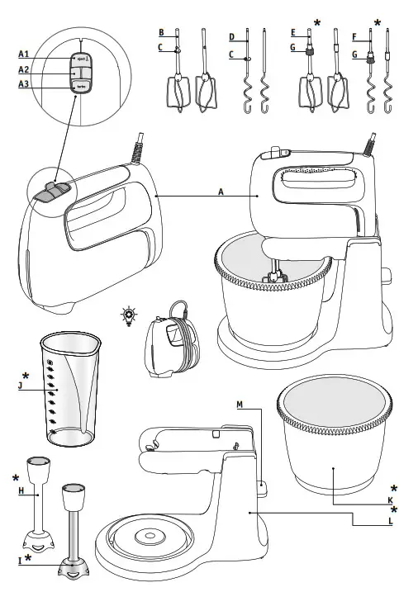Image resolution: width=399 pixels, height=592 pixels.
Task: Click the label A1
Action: pos(24,54)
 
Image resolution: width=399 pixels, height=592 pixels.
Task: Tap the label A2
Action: pos(24,69)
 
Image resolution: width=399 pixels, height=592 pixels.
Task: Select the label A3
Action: pos(24,84)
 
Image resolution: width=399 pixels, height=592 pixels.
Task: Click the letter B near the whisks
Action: pos(162,33)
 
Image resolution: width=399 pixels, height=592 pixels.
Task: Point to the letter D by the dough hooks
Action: pos(232,37)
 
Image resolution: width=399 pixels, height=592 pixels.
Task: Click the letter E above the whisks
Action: pos(293,33)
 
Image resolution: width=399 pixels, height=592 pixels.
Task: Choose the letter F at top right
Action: pos(356,36)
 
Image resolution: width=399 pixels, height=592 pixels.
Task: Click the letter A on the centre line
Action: pos(221,191)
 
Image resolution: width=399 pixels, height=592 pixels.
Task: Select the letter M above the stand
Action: pos(240,404)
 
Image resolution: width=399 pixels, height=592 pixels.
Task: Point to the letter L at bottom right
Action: pos(389,523)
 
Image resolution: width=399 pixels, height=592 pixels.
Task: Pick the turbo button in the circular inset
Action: pos(82,86)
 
